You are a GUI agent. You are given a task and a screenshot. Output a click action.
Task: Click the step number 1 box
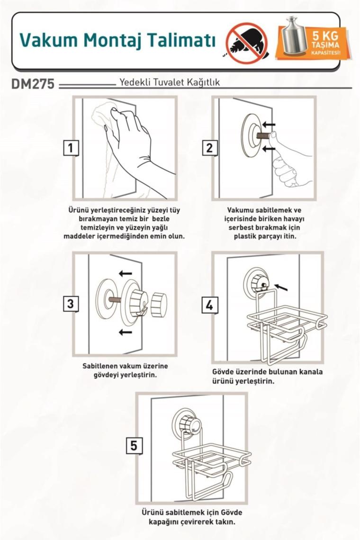click(71, 148)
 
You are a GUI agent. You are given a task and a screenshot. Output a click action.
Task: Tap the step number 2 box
click(209, 148)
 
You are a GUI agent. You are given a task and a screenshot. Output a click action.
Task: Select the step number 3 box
click(71, 303)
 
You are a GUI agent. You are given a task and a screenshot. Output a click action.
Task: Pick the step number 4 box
click(209, 305)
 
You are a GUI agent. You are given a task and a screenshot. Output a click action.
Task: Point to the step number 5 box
click(134, 446)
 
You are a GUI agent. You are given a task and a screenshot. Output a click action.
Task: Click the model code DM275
click(33, 84)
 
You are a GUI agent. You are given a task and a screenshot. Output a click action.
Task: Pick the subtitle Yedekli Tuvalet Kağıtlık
click(169, 82)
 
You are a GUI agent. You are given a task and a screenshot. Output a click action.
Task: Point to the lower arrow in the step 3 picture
click(125, 332)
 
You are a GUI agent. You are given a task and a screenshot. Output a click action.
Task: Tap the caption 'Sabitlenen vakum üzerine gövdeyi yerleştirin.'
click(125, 370)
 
